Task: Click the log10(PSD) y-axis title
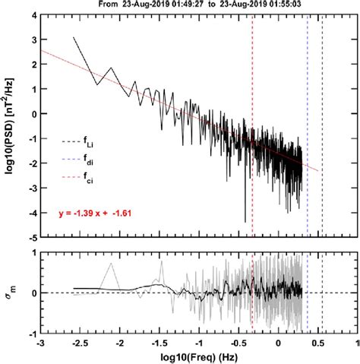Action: (11, 126)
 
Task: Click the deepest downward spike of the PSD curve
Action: (245, 220)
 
